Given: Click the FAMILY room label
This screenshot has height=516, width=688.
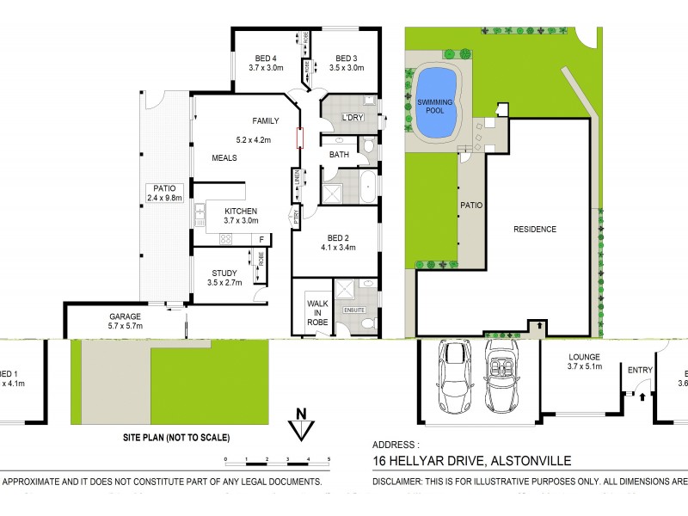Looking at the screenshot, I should [x=266, y=121].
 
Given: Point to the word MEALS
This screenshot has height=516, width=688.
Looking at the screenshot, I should [x=224, y=158].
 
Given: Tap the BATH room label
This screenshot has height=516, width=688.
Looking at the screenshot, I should [x=338, y=155].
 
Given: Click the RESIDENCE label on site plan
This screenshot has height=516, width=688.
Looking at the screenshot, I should [x=535, y=230].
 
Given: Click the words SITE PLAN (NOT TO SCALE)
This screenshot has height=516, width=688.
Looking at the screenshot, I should [x=177, y=437].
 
